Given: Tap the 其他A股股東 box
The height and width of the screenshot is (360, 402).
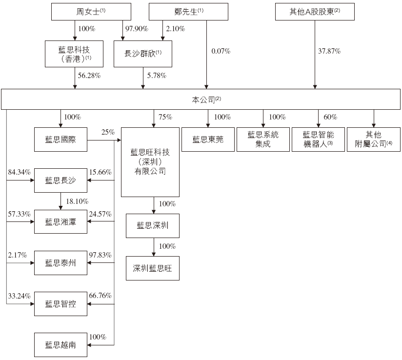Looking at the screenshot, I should tap(314, 12).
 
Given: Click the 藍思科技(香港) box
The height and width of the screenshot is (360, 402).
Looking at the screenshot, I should tap(75, 54).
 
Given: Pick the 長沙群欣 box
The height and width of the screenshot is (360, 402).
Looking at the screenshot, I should tap(143, 54).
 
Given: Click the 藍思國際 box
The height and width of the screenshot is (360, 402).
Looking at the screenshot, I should tap(60, 140).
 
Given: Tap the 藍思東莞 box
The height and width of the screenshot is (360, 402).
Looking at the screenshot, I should tap(208, 140).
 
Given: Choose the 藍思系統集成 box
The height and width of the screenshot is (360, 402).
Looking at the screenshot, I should tap(263, 140).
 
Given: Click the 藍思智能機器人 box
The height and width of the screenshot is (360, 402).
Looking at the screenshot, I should tap(319, 140).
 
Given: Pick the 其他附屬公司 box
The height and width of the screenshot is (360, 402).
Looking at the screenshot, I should tap(374, 140).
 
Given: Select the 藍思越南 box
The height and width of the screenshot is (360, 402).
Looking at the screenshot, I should tap(60, 344).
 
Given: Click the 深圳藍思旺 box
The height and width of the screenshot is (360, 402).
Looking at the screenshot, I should tap(153, 268).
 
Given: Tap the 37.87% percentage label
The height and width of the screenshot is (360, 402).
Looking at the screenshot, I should tap(329, 51).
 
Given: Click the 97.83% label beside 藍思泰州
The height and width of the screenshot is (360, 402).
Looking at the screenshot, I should tap(100, 255).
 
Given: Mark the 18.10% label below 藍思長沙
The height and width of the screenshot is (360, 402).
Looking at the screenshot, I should tap(75, 201).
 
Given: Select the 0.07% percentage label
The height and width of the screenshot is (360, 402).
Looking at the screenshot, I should tap(221, 51).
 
